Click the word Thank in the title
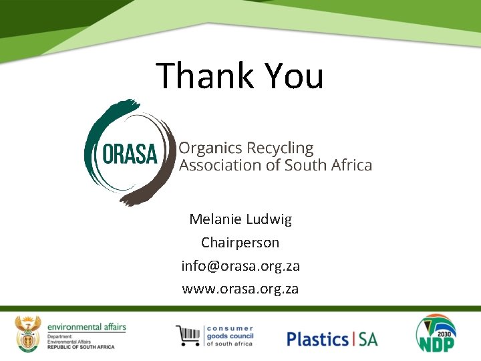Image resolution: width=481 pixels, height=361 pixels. point(204,76)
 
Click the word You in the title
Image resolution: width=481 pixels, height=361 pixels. point(293,76)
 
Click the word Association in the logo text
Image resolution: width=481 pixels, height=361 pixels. point(220,165)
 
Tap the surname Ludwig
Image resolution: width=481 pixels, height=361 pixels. point(270,219)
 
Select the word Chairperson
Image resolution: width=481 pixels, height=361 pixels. point(240,242)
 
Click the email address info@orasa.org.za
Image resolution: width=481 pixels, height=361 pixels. point(240,265)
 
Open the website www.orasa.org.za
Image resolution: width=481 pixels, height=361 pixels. point(240,289)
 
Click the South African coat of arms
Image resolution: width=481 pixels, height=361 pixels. point(28,334)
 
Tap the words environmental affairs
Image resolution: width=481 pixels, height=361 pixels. point(86,326)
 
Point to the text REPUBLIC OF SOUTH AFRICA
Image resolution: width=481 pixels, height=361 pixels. point(81,347)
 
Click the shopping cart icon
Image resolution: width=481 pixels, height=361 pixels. point(188,336)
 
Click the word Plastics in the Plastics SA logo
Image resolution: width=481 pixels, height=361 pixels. point(317,339)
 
